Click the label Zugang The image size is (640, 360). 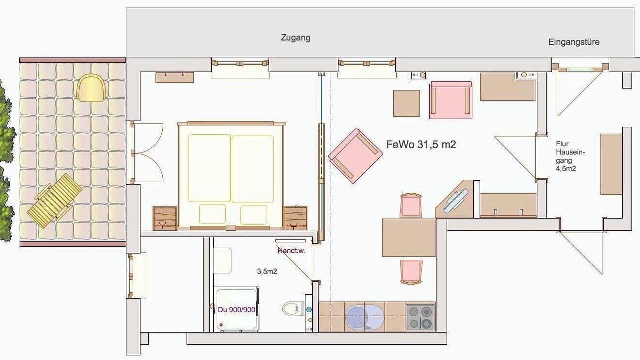click(x=295, y=38)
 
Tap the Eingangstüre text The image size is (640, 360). click(x=574, y=42)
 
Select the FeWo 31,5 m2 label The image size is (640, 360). click(x=421, y=145)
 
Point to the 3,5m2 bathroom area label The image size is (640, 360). click(x=267, y=271)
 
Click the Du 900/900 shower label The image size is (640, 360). click(x=236, y=310)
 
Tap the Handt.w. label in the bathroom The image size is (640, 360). click(x=291, y=251)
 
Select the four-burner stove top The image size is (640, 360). click(x=420, y=317)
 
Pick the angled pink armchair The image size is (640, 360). click(x=355, y=156)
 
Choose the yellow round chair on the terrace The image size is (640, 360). click(x=91, y=88)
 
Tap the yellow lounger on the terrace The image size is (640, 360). click(x=55, y=201)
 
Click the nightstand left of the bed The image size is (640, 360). click(x=165, y=218)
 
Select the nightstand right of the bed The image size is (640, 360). click(x=295, y=218)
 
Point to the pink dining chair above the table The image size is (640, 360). click(x=411, y=205)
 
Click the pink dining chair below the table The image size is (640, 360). click(x=411, y=272)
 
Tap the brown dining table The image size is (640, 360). click(x=409, y=237)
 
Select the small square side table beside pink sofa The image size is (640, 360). click(x=407, y=103)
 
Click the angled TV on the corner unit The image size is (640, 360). click(x=456, y=201)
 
